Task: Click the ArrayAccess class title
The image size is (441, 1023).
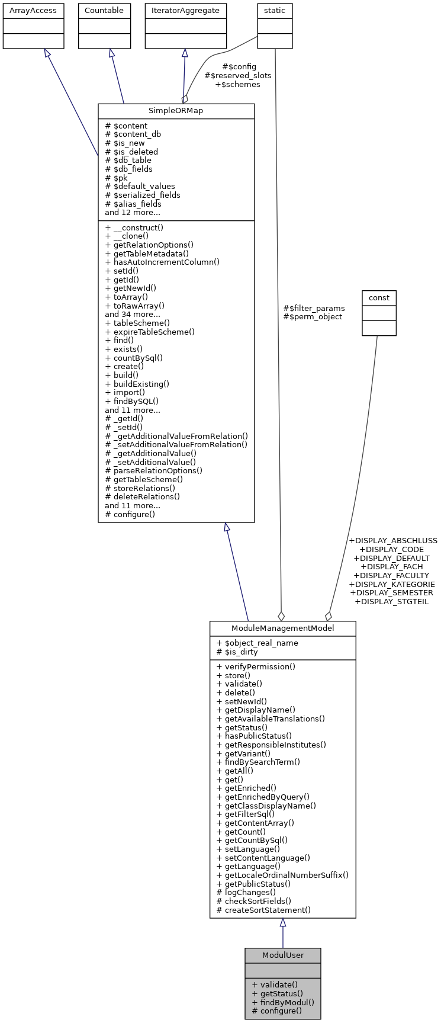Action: tap(33, 11)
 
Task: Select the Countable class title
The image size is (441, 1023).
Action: tap(104, 11)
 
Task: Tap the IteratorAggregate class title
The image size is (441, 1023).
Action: tap(186, 11)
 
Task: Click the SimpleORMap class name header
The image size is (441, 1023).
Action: tap(176, 111)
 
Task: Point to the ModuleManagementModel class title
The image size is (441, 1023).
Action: tap(282, 628)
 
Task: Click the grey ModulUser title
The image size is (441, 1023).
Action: tap(282, 955)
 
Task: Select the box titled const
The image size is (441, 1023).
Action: tap(379, 297)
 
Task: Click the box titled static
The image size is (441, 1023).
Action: tap(275, 11)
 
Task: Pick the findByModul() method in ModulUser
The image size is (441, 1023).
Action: tap(283, 1002)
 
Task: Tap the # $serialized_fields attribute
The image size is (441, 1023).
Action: tap(143, 195)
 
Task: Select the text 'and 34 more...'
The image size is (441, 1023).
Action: tap(133, 314)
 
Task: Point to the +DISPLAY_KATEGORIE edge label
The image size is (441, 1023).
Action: tap(392, 584)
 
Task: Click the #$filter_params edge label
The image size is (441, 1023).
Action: tap(314, 308)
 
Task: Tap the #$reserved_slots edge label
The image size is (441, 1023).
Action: tap(238, 76)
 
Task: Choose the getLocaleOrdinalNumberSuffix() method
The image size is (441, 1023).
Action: tap(282, 875)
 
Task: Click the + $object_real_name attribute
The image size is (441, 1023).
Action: tap(257, 643)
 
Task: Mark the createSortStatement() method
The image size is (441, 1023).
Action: tap(263, 910)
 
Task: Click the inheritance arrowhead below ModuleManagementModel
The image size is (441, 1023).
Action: tap(283, 923)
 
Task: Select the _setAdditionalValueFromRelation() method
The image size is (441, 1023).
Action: tap(176, 444)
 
